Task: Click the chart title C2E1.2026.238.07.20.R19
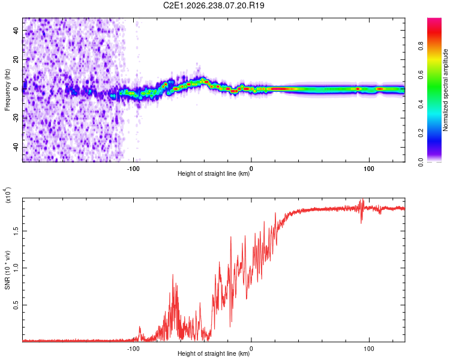[214, 5]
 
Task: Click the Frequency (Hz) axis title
[7, 90]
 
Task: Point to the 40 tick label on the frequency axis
[16, 30]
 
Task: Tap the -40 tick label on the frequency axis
[16, 148]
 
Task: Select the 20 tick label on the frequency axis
[16, 59]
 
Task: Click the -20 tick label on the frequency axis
[16, 118]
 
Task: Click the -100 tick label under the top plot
[133, 169]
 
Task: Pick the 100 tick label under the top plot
[369, 169]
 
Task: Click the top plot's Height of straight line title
[214, 173]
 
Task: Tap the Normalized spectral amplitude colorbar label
[445, 90]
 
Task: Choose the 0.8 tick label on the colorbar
[421, 46]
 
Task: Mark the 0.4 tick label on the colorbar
[421, 104]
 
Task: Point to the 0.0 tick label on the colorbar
[421, 163]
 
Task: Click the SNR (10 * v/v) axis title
[7, 270]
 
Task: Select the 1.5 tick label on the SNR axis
[16, 231]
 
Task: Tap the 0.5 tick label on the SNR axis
[16, 305]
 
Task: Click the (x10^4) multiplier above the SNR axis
[8, 195]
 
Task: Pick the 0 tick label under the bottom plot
[251, 349]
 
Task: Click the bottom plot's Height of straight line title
[214, 353]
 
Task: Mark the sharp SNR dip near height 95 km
[361, 223]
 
